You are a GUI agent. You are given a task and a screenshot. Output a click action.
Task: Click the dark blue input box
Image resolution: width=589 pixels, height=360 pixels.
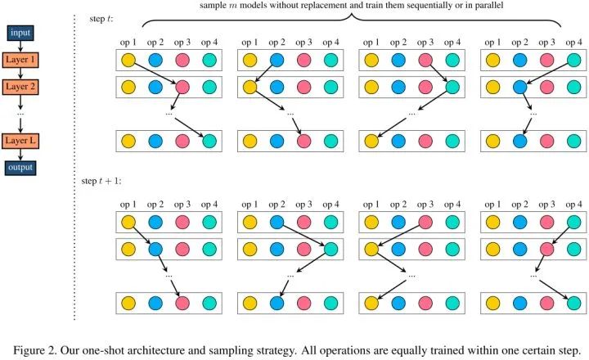point(22,33)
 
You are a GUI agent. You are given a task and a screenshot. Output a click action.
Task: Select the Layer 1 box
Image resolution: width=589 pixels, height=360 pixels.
point(22,60)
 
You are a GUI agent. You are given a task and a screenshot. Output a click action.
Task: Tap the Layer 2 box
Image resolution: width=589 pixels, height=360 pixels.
point(22,86)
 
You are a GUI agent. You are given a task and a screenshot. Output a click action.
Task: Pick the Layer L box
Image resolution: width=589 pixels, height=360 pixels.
point(22,141)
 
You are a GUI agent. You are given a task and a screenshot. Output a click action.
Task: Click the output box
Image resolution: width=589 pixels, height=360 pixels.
point(22,168)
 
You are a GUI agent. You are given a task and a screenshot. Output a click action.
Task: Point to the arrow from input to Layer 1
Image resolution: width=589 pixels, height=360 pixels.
point(22,46)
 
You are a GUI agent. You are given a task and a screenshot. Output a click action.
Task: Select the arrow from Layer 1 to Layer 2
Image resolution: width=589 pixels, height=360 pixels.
point(22,73)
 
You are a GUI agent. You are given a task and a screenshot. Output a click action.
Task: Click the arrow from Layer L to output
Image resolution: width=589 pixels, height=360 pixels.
point(22,155)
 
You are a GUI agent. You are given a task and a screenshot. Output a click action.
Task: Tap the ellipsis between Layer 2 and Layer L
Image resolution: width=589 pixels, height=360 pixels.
point(22,112)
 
